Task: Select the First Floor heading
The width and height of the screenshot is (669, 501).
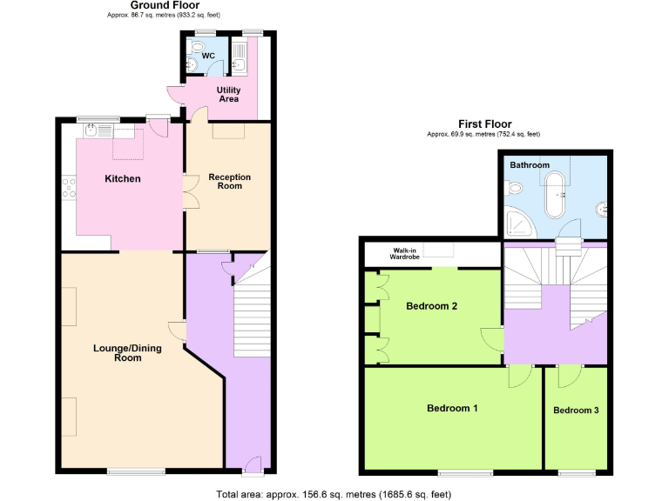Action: tap(484, 124)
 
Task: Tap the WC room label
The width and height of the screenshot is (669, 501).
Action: tap(208, 57)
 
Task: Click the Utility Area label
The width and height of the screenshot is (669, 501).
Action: tap(228, 94)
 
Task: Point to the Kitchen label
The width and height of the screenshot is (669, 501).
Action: tap(123, 179)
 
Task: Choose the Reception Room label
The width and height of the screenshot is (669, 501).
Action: tap(229, 181)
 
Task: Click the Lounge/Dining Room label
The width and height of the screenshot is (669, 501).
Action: tap(118, 353)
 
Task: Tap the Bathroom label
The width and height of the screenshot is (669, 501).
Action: tap(530, 164)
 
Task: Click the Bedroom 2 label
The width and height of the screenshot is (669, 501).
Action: tap(431, 306)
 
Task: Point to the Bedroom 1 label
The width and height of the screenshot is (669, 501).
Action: tap(452, 408)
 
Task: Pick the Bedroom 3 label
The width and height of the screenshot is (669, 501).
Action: tap(576, 411)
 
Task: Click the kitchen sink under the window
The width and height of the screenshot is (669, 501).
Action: tap(98, 130)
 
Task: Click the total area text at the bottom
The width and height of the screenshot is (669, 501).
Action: tap(334, 494)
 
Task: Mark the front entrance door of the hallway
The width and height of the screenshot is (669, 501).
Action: tap(252, 464)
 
